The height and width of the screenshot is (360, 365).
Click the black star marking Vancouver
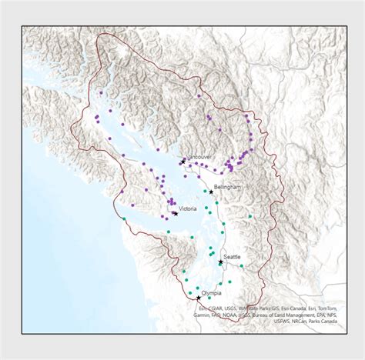point(182,162)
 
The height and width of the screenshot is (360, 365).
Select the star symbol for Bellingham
point(211,192)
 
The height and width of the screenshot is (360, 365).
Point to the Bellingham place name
point(228,187)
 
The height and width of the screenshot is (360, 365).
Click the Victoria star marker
point(176,213)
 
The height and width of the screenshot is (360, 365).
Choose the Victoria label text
point(188,208)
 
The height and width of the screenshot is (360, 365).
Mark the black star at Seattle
point(220,262)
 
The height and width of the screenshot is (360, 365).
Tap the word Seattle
point(232,256)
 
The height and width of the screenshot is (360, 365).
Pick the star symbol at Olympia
point(199,298)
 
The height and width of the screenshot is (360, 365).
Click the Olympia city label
point(211,293)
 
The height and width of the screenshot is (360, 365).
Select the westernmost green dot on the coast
point(125,219)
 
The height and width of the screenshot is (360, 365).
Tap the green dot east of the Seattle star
point(241,267)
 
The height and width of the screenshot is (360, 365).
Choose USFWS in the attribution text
point(285,322)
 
